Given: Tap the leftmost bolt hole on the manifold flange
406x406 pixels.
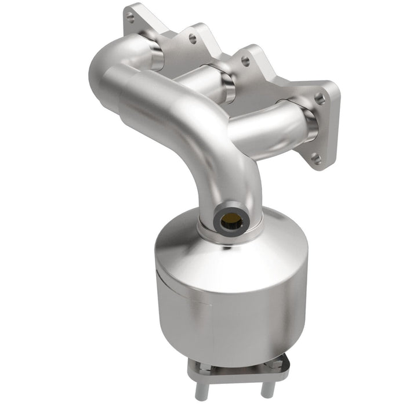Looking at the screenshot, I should click(130, 19).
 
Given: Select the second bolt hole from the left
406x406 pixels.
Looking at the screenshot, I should click(192, 39).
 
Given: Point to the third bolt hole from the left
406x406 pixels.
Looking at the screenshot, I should click(245, 61).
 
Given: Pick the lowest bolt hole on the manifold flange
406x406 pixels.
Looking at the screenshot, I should click(316, 158).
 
